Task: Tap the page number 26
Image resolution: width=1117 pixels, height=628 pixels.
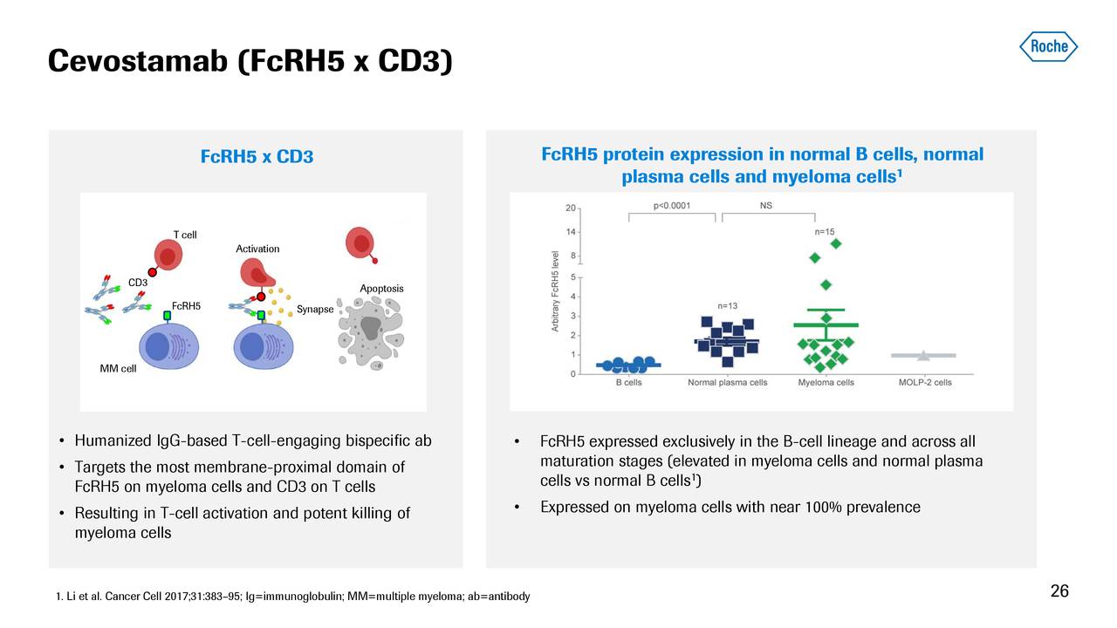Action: [x=1059, y=591]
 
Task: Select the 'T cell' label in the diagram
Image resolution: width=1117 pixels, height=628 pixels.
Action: [x=184, y=235]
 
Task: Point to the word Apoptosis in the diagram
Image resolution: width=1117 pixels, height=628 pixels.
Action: [x=381, y=289]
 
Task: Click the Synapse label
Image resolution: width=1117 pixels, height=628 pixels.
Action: [x=315, y=310]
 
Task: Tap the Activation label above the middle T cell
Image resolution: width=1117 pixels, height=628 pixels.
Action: [x=257, y=249]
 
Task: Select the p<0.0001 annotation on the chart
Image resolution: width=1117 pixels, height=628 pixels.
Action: [x=672, y=206]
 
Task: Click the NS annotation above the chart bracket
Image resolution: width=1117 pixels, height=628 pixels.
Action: [x=765, y=206]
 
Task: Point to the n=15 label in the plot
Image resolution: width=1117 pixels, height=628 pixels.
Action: [x=825, y=231]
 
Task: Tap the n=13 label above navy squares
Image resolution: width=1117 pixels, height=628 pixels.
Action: [x=728, y=305]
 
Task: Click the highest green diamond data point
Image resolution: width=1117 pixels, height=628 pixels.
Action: [x=835, y=243]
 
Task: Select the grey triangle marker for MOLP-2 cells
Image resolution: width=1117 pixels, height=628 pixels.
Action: [x=922, y=355]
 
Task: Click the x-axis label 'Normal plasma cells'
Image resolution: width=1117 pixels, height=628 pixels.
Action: [x=727, y=382]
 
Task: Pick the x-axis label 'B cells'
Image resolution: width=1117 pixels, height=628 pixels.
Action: [x=629, y=382]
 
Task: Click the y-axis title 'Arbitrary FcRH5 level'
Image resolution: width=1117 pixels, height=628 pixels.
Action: [x=555, y=291]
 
